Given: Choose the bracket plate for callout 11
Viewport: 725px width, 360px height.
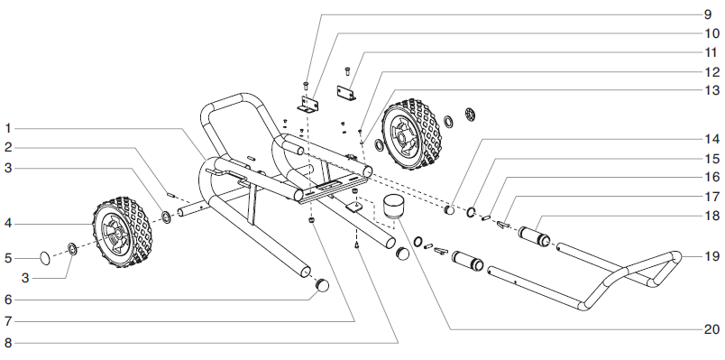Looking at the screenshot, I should tap(344, 95).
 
